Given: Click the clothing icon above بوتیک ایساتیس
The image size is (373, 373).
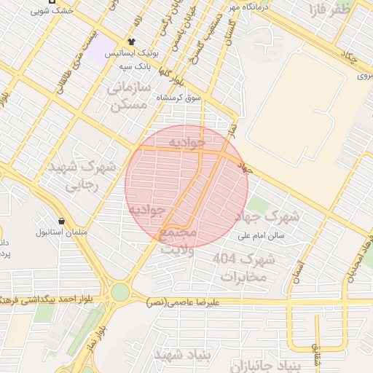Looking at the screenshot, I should coord(132,42).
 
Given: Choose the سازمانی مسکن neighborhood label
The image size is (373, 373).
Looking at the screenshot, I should coord(128,95).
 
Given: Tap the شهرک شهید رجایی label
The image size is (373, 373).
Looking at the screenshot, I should coord(82,176).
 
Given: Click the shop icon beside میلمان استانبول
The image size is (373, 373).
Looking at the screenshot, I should coord(61,220).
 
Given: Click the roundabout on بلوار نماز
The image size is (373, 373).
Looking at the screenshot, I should coord(120,292).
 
